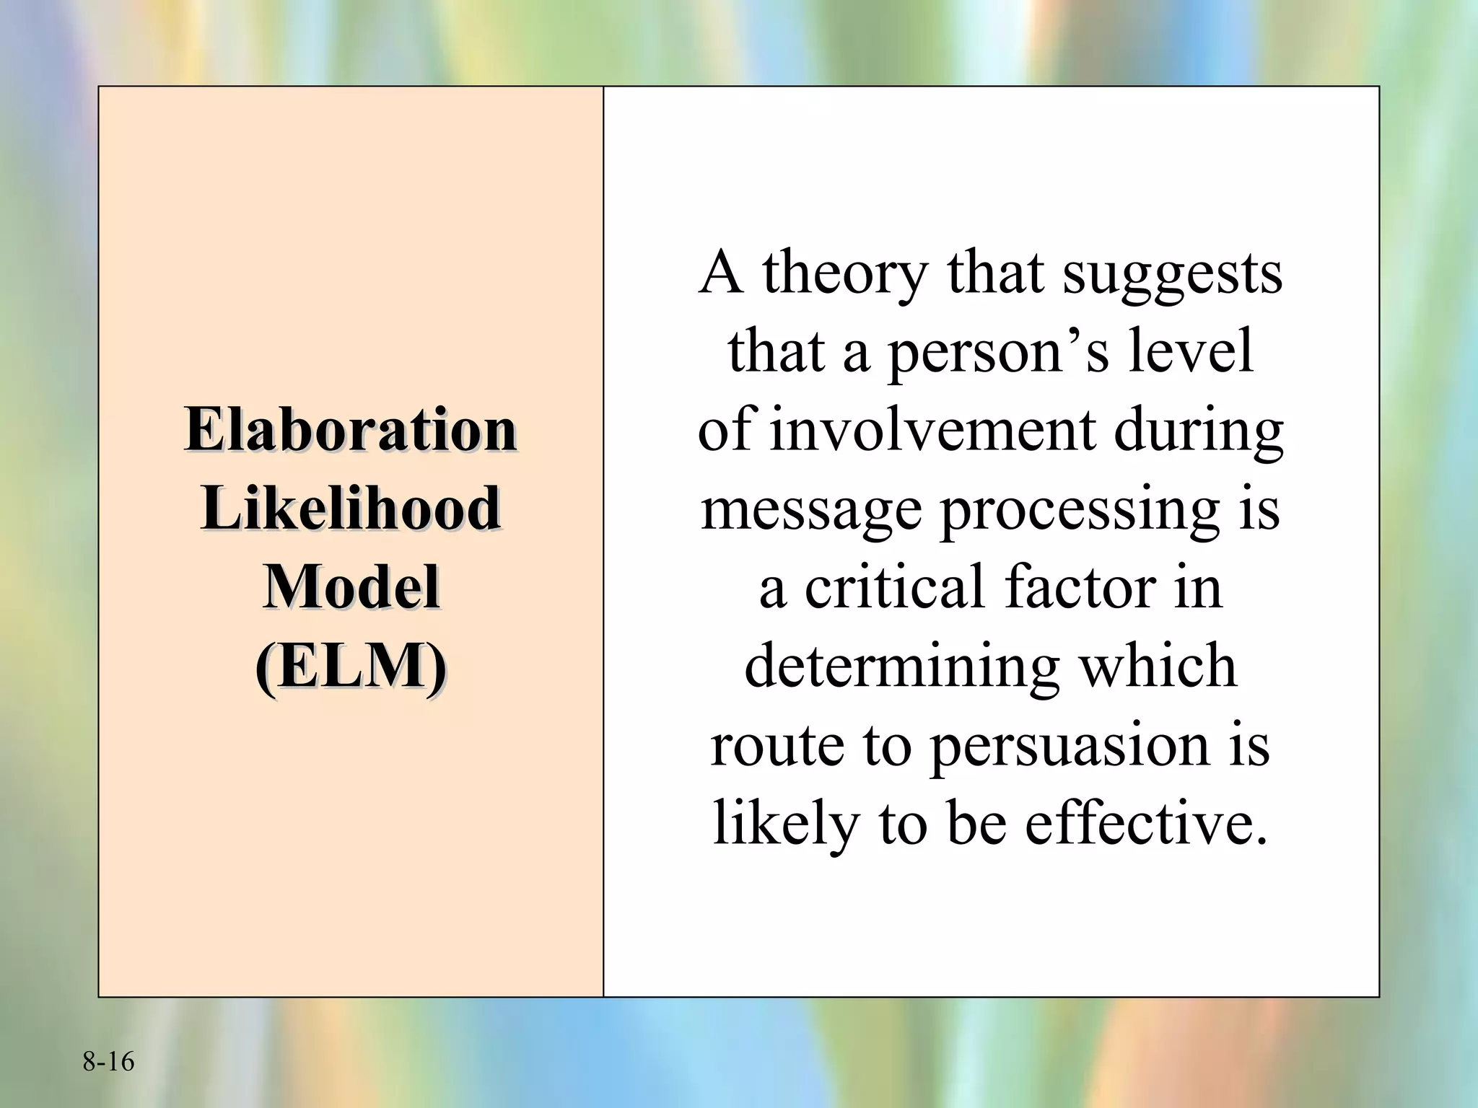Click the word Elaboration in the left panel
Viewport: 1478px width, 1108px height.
tap(351, 430)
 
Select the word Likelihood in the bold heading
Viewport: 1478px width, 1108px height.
tap(351, 509)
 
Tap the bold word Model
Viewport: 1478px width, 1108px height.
tap(351, 587)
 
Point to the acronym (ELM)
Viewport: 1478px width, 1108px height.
tap(351, 665)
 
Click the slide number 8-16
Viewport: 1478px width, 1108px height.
tap(108, 1062)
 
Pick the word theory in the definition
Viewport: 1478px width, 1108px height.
tap(844, 274)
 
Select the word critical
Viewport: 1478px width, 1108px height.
tap(895, 588)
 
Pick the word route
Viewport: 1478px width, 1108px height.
tap(777, 746)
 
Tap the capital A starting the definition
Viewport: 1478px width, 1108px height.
tap(722, 273)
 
